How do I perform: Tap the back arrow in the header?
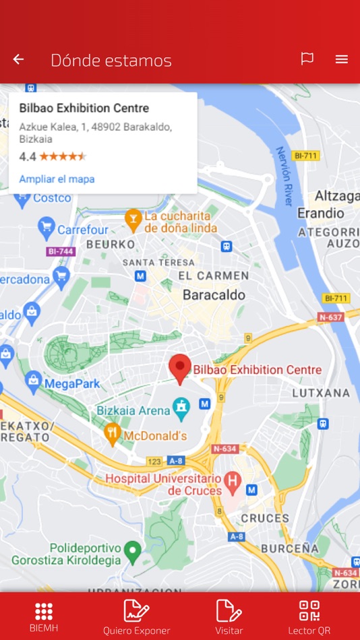tap(18, 60)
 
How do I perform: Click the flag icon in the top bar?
tap(307, 59)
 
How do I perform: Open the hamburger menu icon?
tap(342, 59)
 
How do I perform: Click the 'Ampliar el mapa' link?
tap(57, 179)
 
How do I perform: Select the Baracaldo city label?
tap(214, 295)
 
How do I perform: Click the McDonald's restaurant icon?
tap(113, 433)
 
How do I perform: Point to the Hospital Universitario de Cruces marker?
tap(233, 481)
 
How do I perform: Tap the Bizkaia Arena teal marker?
tap(181, 406)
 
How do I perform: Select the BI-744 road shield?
tap(61, 251)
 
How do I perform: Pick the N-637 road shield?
tap(331, 317)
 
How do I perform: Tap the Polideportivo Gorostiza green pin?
tap(133, 552)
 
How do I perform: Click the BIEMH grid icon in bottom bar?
tap(44, 612)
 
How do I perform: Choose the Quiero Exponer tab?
tap(136, 616)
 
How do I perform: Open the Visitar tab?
tap(229, 616)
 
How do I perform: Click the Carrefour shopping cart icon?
tap(47, 227)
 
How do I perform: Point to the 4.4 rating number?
tap(27, 156)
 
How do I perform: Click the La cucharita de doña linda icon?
tap(133, 218)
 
